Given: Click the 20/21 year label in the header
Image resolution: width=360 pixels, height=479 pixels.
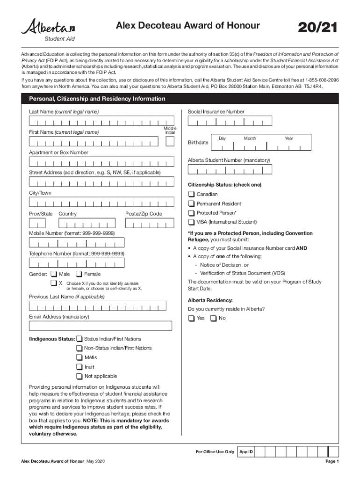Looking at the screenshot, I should (317, 28).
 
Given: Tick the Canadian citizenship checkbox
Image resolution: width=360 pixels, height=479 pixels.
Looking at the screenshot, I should (191, 194).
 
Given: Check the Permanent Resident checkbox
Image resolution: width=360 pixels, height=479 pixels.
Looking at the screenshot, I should (191, 203).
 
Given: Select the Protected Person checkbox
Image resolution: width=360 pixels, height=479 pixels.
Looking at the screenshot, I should (191, 213).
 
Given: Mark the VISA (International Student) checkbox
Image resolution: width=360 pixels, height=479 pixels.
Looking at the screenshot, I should (191, 222).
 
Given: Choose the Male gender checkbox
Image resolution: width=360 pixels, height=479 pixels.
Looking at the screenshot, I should (54, 274).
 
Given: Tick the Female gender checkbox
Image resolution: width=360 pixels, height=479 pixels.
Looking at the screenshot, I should (79, 274).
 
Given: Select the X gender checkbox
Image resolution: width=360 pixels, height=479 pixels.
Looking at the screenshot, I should (54, 283).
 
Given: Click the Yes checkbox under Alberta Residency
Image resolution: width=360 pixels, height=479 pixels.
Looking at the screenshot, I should (191, 319).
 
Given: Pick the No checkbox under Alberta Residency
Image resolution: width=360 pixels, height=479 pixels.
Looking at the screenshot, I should (213, 319).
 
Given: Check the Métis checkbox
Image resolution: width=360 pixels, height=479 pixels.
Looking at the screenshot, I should (79, 357).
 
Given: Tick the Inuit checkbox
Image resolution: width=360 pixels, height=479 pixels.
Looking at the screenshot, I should (79, 367).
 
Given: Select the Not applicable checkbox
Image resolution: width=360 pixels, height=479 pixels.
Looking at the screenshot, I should (79, 376).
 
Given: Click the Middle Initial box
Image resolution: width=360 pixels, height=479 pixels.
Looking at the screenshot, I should (170, 142).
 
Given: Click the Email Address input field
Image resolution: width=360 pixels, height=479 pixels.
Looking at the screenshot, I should (100, 326).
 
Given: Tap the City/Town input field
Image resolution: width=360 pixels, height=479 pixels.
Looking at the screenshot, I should (101, 202).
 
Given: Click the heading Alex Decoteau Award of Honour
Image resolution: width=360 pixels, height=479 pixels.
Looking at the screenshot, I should (187, 26).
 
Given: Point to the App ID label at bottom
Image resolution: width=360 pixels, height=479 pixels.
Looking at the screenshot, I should (246, 452).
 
